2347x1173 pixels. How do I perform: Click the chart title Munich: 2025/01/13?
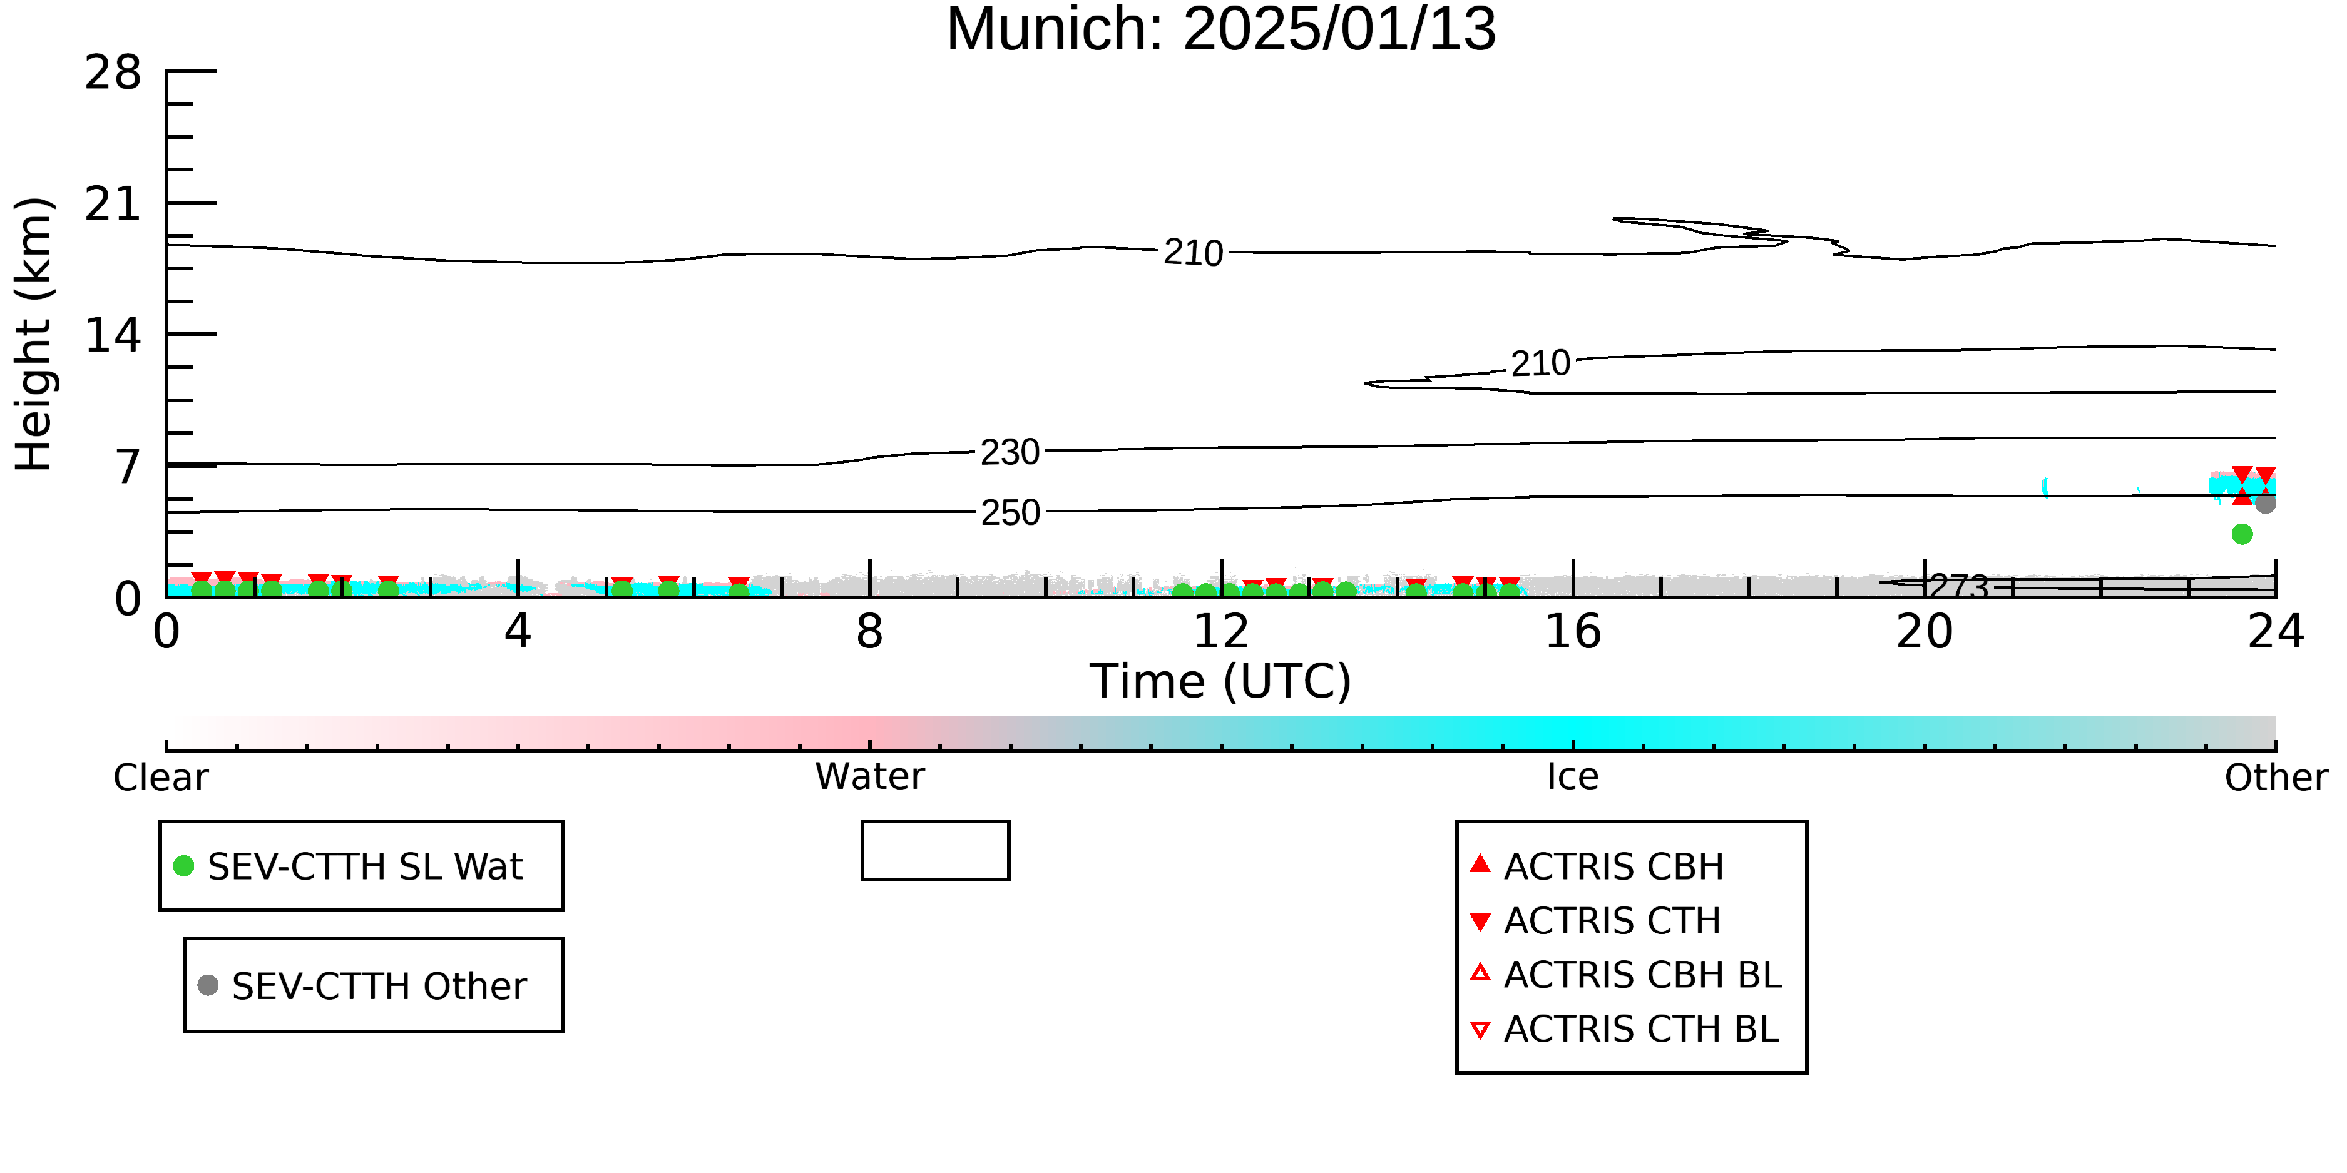[1221, 29]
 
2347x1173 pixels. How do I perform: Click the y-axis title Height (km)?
[34, 334]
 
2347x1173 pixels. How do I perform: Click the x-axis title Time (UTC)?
[1221, 681]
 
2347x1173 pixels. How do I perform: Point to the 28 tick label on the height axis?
[113, 72]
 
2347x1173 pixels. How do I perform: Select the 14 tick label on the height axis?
[113, 336]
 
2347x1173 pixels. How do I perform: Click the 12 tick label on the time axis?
[1221, 631]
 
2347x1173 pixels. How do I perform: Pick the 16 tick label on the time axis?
[1573, 631]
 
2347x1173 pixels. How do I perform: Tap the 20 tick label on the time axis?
[1925, 631]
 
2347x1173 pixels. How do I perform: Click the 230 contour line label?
[1010, 452]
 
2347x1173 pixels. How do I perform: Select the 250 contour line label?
[1010, 513]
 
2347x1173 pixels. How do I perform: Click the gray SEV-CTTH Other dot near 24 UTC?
[2265, 504]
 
